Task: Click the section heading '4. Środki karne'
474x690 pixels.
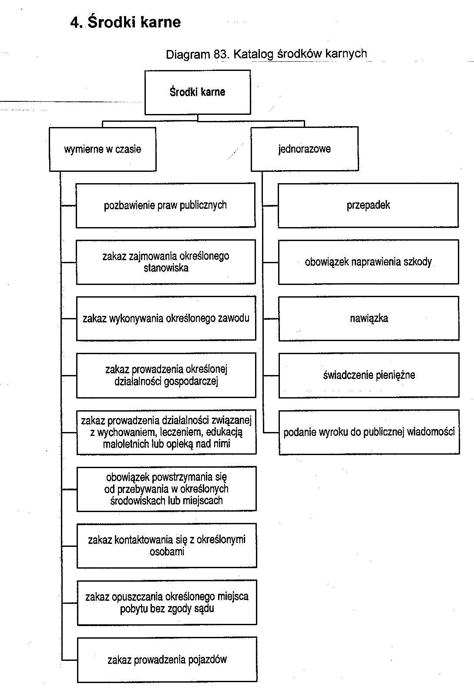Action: point(125,22)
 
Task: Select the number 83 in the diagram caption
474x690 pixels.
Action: point(220,54)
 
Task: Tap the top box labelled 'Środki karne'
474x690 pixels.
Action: point(198,92)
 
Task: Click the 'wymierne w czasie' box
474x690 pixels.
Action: point(103,149)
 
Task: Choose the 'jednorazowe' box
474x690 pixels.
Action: point(305,149)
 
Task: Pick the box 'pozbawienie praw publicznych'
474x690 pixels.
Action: point(166,205)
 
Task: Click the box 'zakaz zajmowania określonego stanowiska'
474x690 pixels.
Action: point(166,262)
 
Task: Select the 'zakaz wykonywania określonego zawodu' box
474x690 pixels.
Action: point(166,318)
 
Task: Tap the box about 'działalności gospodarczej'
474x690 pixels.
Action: point(166,375)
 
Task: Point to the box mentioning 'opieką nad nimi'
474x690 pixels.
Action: point(166,432)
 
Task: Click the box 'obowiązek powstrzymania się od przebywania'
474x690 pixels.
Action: point(166,489)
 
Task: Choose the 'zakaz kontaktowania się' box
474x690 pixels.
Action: point(167,546)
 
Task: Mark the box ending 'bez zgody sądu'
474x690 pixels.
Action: point(167,603)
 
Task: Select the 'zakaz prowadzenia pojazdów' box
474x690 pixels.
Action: point(167,660)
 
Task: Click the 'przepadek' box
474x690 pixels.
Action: point(368,205)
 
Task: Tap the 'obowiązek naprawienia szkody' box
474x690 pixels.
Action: point(369,262)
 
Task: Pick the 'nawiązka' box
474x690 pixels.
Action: point(369,318)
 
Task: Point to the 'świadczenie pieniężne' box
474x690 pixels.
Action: point(369,375)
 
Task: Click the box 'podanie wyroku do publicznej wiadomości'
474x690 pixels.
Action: point(369,432)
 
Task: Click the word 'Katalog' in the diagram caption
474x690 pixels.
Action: point(253,54)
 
